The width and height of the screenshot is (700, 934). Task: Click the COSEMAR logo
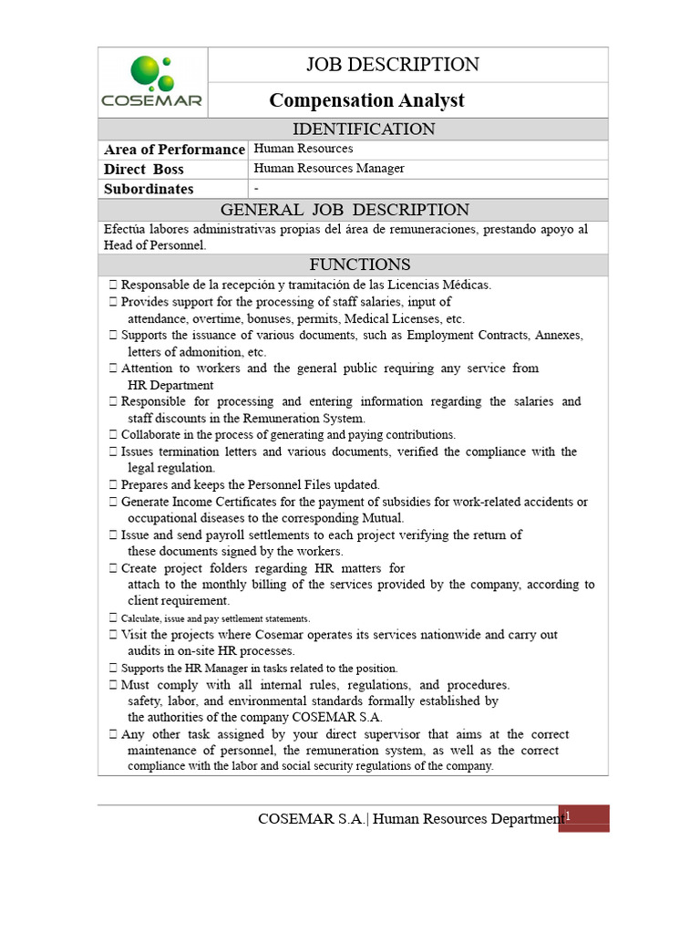coord(153,82)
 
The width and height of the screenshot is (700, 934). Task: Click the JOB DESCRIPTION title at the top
coord(392,65)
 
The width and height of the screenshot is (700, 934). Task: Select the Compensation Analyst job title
coord(366,100)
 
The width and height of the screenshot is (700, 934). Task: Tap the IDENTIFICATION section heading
coord(362,130)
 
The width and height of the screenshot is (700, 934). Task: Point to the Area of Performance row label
coord(174,150)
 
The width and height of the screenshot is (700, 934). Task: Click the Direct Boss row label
coord(143,170)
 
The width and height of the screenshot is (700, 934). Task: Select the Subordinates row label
coord(149,189)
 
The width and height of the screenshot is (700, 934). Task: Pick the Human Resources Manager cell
coord(329,169)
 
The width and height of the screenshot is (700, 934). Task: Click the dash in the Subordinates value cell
coord(256,188)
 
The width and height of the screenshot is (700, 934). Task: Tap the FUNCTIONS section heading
coord(360,265)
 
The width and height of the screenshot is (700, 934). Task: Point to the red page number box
coord(583,818)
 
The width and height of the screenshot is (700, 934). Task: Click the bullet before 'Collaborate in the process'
coord(112,435)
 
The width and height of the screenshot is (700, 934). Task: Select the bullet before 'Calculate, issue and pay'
coord(112,618)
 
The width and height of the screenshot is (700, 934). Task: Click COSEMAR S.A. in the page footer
coord(312,819)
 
